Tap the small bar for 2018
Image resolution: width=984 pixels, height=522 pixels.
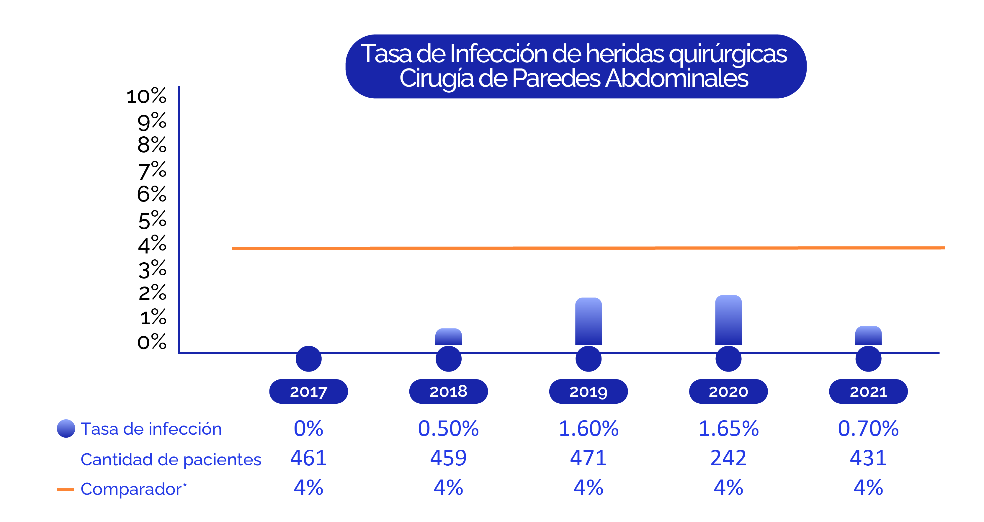click(x=448, y=336)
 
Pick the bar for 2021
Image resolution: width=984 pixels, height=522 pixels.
click(x=868, y=335)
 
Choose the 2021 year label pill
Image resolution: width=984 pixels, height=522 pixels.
click(x=868, y=391)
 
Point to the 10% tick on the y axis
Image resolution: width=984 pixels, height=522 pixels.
click(x=147, y=96)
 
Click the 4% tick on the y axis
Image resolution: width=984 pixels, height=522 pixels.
click(x=152, y=244)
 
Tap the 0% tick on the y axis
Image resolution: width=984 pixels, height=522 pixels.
click(x=152, y=342)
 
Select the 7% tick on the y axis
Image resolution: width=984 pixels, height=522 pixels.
click(x=152, y=170)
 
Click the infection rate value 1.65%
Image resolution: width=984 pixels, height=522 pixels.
click(x=728, y=428)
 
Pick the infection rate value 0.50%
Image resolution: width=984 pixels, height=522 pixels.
click(x=448, y=428)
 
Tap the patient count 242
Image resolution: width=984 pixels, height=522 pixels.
click(x=728, y=458)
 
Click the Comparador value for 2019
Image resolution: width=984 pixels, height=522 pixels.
click(x=588, y=488)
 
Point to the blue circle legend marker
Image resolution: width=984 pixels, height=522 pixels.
click(x=66, y=428)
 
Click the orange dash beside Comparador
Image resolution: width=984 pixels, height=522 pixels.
click(x=65, y=490)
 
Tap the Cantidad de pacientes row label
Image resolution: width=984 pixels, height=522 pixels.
click(x=171, y=459)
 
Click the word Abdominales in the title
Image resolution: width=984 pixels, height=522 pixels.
click(x=676, y=78)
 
